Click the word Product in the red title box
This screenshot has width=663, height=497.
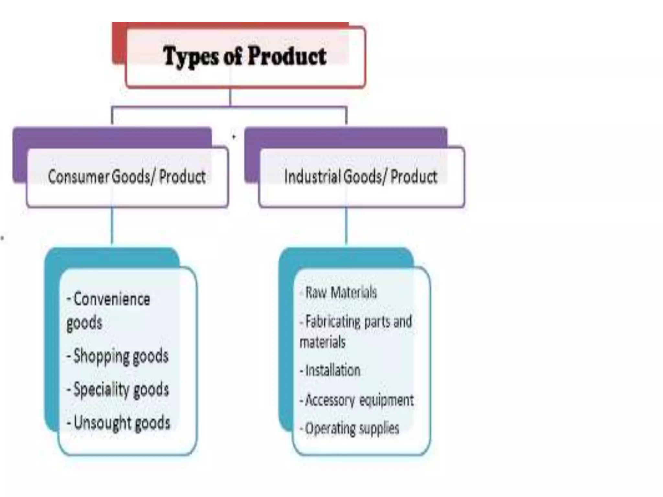point(287,56)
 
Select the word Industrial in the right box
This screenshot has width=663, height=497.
point(312,177)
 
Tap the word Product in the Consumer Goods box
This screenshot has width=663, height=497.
point(182,177)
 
